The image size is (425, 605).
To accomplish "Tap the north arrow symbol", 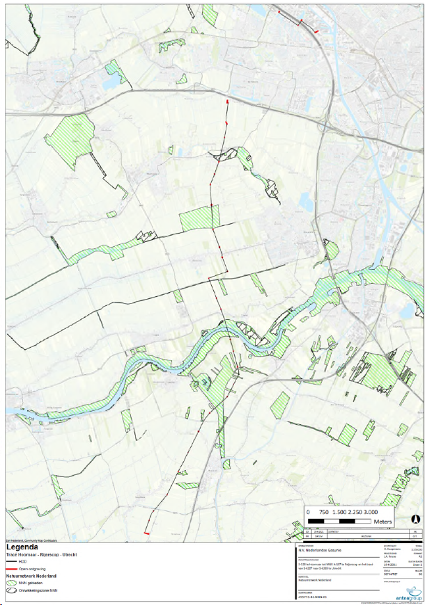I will click(415, 519).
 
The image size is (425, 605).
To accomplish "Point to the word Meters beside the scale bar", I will click(382, 521).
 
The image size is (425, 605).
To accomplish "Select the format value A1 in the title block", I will click(417, 557).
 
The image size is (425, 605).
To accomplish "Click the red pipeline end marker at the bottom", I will click(147, 533).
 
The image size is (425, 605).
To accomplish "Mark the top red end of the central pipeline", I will click(227, 102).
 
